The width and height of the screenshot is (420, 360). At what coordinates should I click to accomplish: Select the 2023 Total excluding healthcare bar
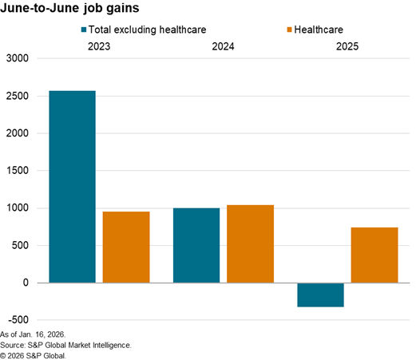pyautogui.click(x=72, y=187)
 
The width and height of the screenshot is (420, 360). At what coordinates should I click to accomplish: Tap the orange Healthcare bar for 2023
pyautogui.click(x=126, y=247)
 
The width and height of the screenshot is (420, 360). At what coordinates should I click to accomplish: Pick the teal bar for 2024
pyautogui.click(x=196, y=245)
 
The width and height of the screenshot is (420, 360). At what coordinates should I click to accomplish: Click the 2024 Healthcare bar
pyautogui.click(x=250, y=243)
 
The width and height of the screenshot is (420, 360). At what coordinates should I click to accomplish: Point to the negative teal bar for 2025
pyautogui.click(x=320, y=295)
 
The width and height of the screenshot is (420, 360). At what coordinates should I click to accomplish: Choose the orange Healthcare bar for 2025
pyautogui.click(x=374, y=255)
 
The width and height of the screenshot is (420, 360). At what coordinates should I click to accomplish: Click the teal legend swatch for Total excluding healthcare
pyautogui.click(x=85, y=30)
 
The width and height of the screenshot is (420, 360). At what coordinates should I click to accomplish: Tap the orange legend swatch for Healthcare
pyautogui.click(x=289, y=30)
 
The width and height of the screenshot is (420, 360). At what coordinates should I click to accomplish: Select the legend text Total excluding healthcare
pyautogui.click(x=149, y=30)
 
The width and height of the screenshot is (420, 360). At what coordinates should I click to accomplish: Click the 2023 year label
pyautogui.click(x=99, y=47)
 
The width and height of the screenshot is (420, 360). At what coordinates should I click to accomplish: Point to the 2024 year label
pyautogui.click(x=223, y=47)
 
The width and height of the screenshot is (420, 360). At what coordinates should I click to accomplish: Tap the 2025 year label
pyautogui.click(x=347, y=47)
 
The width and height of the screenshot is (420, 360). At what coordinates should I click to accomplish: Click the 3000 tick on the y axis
pyautogui.click(x=17, y=59)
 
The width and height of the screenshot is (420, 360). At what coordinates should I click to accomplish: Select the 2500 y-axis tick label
pyautogui.click(x=17, y=97)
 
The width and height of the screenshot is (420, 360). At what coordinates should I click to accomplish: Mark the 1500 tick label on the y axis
pyautogui.click(x=17, y=171)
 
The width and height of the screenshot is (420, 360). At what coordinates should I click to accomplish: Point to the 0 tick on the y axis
pyautogui.click(x=26, y=283)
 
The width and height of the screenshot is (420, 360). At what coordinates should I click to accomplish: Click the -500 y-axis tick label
pyautogui.click(x=17, y=320)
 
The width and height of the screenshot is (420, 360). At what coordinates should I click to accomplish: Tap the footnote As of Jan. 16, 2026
pyautogui.click(x=34, y=334)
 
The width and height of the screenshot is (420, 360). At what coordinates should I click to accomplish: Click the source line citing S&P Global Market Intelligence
pyautogui.click(x=66, y=344)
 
